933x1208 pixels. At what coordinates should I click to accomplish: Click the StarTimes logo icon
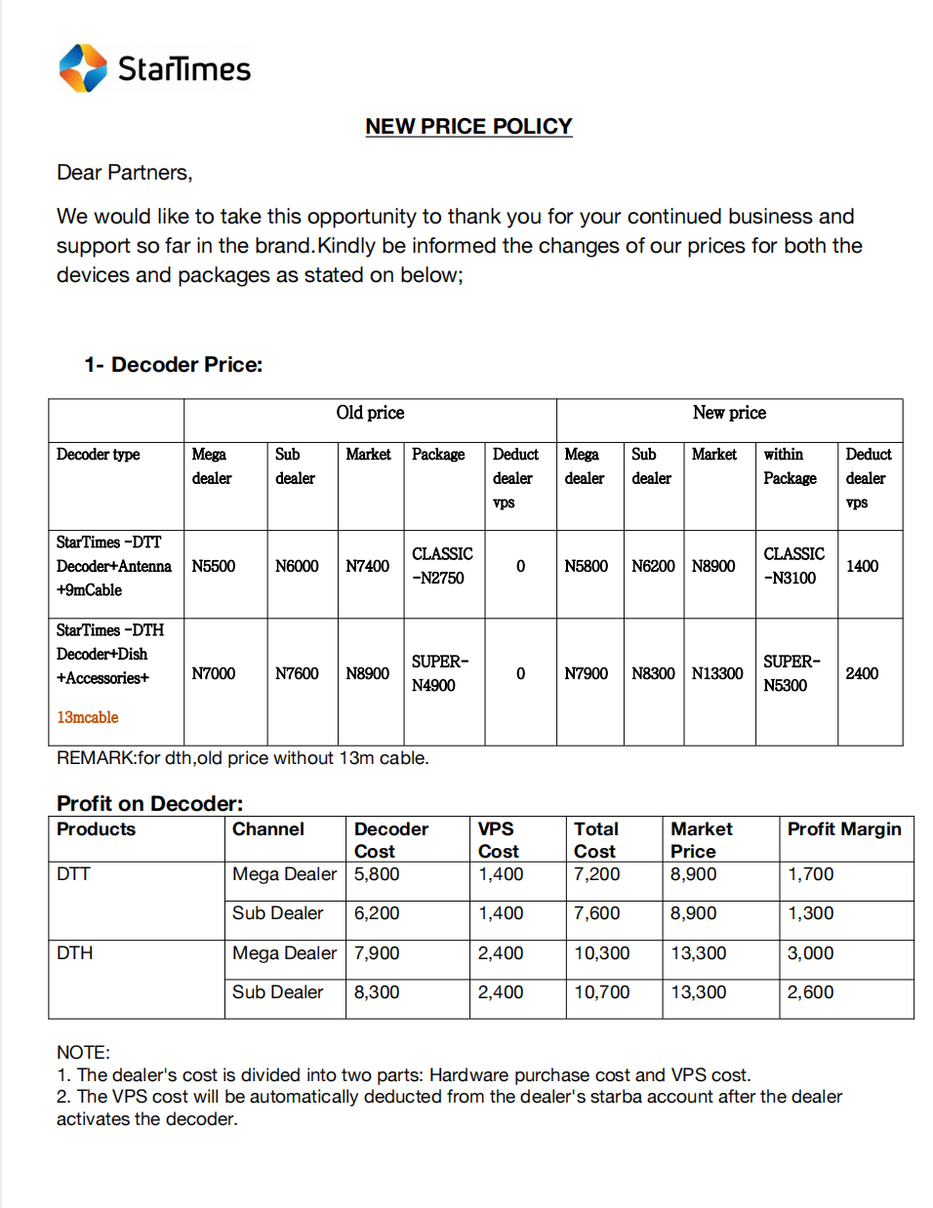(x=83, y=68)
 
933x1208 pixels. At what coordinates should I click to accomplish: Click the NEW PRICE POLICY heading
(x=468, y=127)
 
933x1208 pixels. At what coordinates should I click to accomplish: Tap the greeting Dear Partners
(x=124, y=173)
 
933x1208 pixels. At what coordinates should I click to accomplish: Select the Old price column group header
(x=370, y=413)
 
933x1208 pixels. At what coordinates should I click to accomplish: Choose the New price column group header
(x=729, y=413)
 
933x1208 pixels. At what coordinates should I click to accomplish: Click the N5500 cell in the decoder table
(x=214, y=566)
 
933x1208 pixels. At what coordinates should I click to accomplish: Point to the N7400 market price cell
(x=368, y=566)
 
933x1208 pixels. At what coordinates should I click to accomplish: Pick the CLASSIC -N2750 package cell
(x=442, y=566)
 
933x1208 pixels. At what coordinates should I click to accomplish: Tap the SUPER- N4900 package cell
(x=440, y=673)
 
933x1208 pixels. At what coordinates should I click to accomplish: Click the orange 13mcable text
(x=88, y=717)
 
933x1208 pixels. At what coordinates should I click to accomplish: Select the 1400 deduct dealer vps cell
(x=862, y=566)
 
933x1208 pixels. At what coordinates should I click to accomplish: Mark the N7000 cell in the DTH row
(x=214, y=673)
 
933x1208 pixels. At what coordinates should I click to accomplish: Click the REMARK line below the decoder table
(x=242, y=758)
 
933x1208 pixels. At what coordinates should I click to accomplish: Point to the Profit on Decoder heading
(x=149, y=803)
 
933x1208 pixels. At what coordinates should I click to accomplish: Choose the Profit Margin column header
(x=844, y=829)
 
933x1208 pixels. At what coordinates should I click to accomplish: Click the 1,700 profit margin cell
(x=810, y=874)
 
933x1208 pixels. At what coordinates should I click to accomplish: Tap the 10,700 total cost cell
(x=601, y=992)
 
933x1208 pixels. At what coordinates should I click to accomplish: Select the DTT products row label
(x=73, y=874)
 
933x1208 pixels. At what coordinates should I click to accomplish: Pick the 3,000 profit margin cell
(x=810, y=953)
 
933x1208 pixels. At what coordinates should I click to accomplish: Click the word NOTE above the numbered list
(x=83, y=1052)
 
